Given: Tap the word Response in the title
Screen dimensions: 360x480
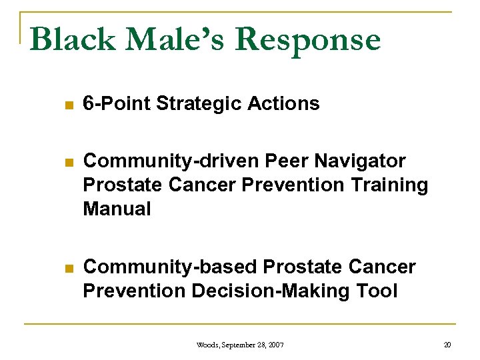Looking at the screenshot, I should pyautogui.click(x=308, y=40).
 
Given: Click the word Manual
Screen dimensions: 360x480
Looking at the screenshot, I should pyautogui.click(x=117, y=209).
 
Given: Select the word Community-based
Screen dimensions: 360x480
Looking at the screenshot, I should pyautogui.click(x=170, y=267).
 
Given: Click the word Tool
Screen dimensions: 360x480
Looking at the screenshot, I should pyautogui.click(x=376, y=291).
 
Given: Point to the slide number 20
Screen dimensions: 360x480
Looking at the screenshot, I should pyautogui.click(x=447, y=345).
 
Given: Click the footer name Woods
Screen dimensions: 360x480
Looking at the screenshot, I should pyautogui.click(x=210, y=345).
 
